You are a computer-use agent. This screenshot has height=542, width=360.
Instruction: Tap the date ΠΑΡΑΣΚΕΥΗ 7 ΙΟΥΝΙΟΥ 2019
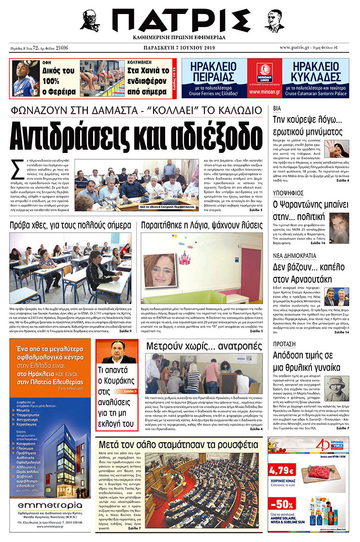point(180,48)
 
